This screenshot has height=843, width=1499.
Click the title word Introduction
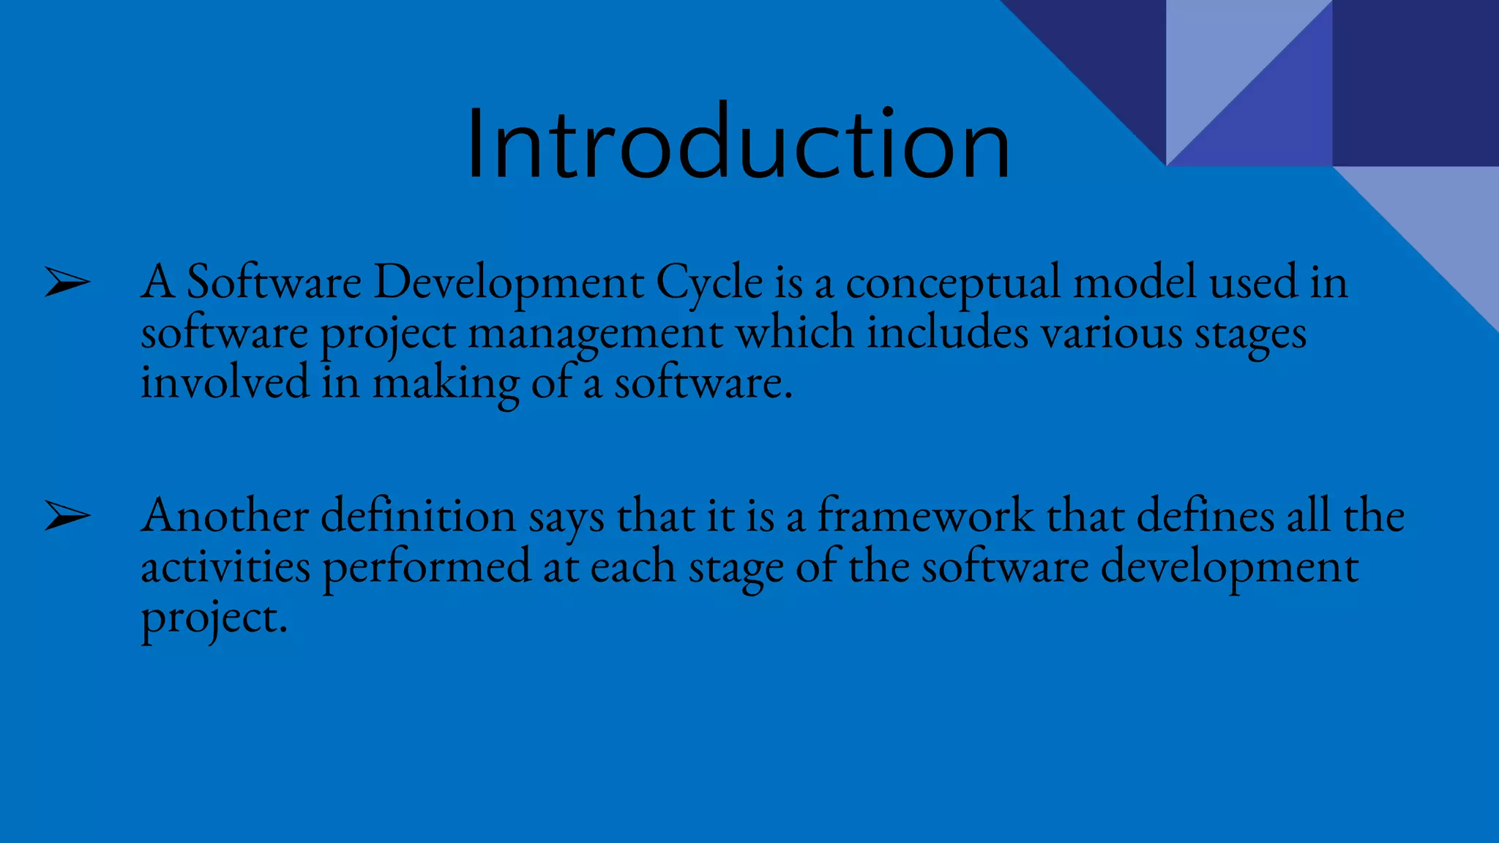tap(738, 144)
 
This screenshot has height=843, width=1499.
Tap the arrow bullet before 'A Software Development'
tap(67, 282)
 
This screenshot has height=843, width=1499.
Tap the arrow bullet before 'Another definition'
tap(67, 516)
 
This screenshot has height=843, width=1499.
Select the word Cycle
tap(709, 282)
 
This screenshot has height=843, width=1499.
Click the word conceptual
tap(952, 282)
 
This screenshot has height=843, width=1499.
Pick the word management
tap(595, 334)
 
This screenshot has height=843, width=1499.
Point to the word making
tap(446, 383)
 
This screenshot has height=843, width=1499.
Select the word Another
tap(225, 516)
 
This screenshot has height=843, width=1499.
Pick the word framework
tap(925, 516)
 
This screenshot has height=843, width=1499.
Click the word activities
tap(225, 567)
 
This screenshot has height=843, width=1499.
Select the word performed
tap(426, 569)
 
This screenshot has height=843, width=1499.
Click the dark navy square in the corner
tap(1415, 82)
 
